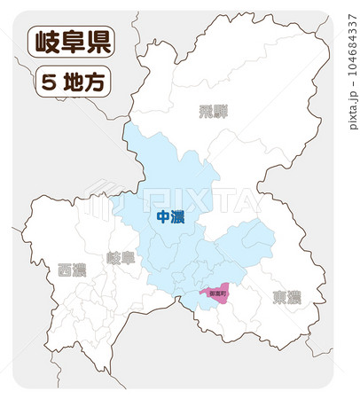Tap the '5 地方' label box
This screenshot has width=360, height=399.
click(72, 82)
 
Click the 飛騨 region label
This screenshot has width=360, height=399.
click(213, 112)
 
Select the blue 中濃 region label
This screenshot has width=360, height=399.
click(169, 217)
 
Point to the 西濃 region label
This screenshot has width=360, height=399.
click(72, 270)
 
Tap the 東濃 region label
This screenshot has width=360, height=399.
click(286, 296)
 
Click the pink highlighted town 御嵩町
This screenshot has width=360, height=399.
click(215, 293)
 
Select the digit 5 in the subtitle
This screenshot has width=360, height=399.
click(48, 82)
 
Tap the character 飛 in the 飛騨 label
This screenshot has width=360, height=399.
click(206, 112)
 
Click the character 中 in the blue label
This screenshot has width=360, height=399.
click(162, 217)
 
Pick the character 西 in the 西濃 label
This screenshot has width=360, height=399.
click(65, 270)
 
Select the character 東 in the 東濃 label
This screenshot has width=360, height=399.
click(278, 296)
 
